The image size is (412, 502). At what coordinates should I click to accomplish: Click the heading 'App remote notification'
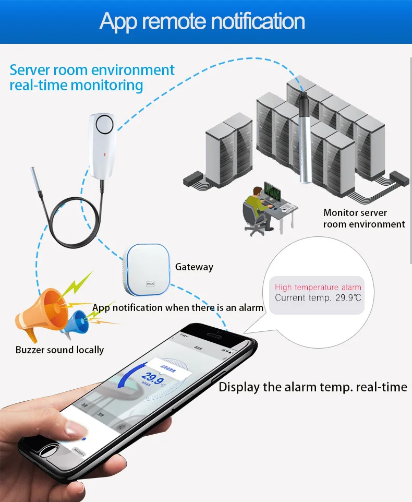pos(202,21)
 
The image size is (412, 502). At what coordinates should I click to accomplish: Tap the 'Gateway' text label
pos(194,267)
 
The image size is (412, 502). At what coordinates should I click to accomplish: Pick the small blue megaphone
pos(76,322)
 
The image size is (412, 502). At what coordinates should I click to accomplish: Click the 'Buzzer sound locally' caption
pos(59,350)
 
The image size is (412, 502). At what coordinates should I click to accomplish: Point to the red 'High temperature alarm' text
pos(318,288)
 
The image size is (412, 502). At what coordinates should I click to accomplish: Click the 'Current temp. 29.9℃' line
pos(318,298)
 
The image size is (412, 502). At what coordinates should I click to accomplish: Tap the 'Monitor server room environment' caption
pos(363,218)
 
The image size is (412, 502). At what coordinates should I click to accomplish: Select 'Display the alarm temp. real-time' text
pos(312,387)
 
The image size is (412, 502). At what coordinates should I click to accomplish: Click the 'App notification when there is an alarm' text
pos(178,307)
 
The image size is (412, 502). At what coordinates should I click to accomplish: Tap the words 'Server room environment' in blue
pos(92,70)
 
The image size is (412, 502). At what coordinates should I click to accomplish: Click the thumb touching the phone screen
pos(73,430)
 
